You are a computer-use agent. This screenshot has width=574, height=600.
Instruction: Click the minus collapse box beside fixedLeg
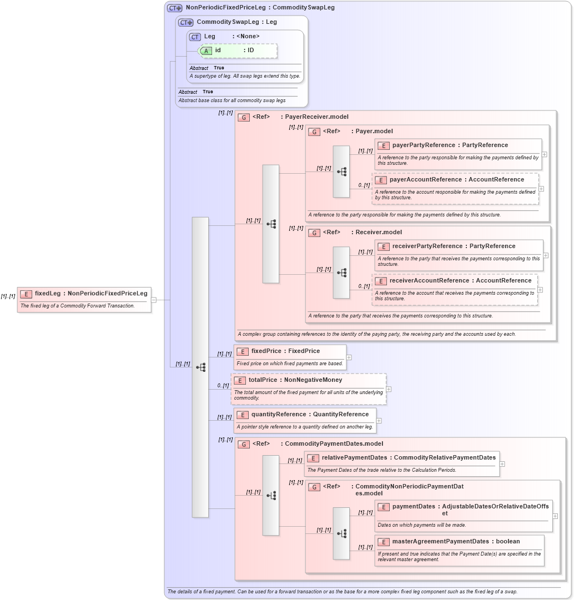tap(154, 300)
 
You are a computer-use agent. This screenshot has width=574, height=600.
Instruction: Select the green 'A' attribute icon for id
tap(206, 51)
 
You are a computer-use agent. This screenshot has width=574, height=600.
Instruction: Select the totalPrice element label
tap(264, 381)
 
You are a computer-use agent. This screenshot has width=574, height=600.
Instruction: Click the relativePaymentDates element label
tap(354, 458)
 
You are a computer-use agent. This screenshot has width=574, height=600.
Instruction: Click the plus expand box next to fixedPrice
tap(349, 357)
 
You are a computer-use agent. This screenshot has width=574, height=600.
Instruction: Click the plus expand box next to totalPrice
tap(389, 390)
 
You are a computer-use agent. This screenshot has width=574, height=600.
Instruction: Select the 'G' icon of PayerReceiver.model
tap(243, 118)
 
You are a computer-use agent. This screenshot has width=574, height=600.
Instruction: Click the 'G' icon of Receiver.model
tap(314, 233)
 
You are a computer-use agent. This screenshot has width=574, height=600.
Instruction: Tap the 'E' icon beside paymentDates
tap(382, 507)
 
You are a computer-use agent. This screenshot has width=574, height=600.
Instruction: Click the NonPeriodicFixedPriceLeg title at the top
tap(225, 8)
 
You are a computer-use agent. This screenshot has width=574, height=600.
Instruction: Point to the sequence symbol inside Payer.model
tap(341, 172)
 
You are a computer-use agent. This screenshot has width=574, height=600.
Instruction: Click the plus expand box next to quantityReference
tap(379, 421)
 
